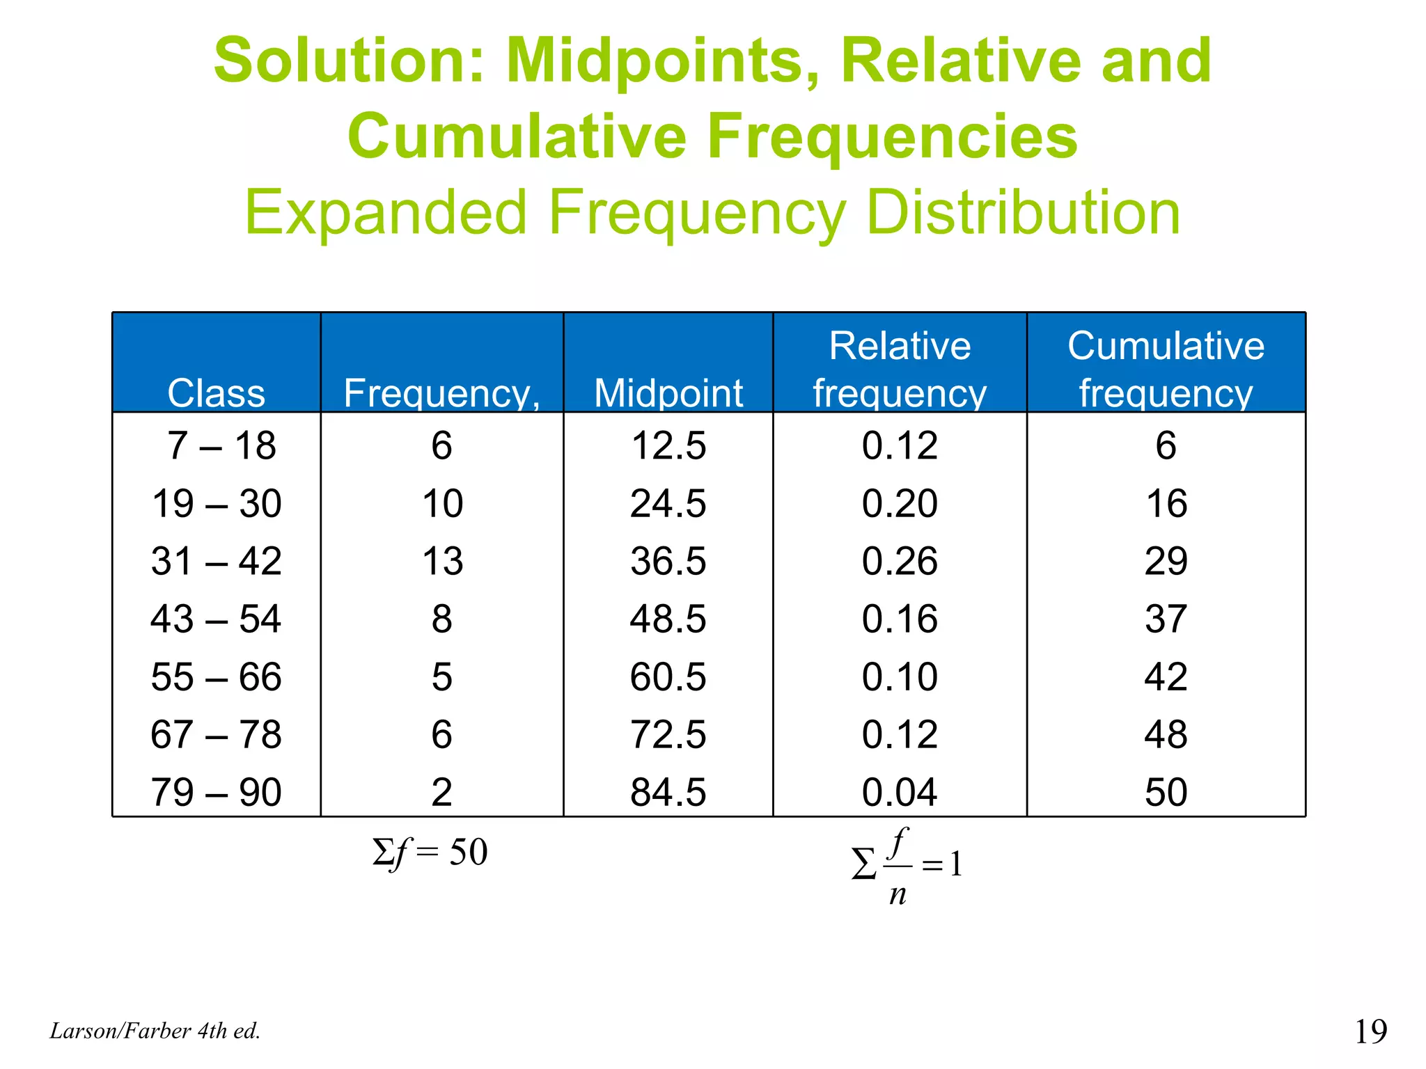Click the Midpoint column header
tap(668, 393)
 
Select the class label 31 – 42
tap(216, 561)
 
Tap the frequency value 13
tap(442, 561)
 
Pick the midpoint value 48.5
tap(668, 619)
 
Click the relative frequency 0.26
tap(900, 561)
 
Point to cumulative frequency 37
tap(1166, 619)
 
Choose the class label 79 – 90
tap(216, 792)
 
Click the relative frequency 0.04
tap(900, 792)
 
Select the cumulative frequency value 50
tap(1166, 792)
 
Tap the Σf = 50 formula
tap(430, 853)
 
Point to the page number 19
tap(1370, 1031)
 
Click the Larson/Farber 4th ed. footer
tap(155, 1031)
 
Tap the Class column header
tap(216, 393)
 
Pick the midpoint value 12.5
tap(668, 445)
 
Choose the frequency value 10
tap(442, 503)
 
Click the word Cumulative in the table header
tap(1166, 346)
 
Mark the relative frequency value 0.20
tap(900, 503)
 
